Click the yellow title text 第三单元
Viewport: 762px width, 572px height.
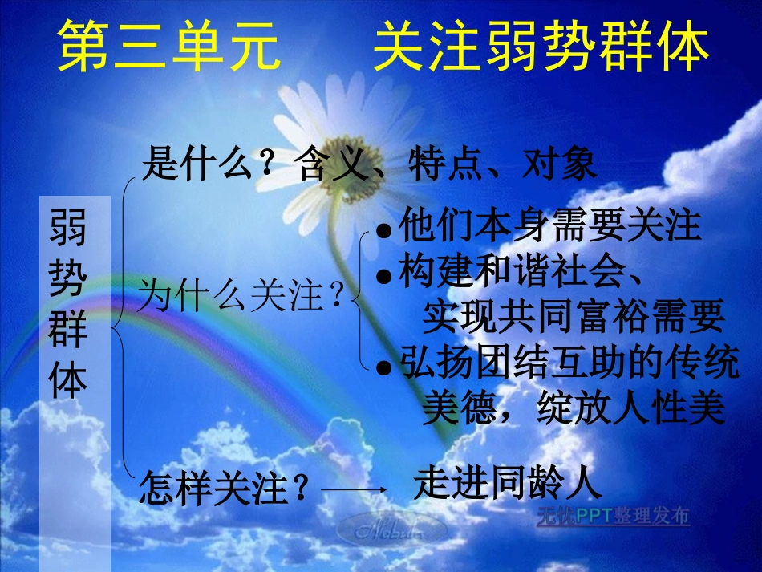pos(170,46)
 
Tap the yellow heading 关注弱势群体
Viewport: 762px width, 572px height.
pos(542,46)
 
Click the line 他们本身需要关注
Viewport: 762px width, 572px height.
pos(550,226)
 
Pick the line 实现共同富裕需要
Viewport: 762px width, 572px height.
pos(573,317)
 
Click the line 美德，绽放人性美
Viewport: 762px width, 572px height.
pos(573,409)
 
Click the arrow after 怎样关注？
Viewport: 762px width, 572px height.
pos(353,489)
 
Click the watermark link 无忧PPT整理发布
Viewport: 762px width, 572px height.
pos(613,517)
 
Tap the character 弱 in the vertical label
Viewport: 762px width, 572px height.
pos(69,229)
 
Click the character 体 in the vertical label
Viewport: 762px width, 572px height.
pos(69,379)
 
